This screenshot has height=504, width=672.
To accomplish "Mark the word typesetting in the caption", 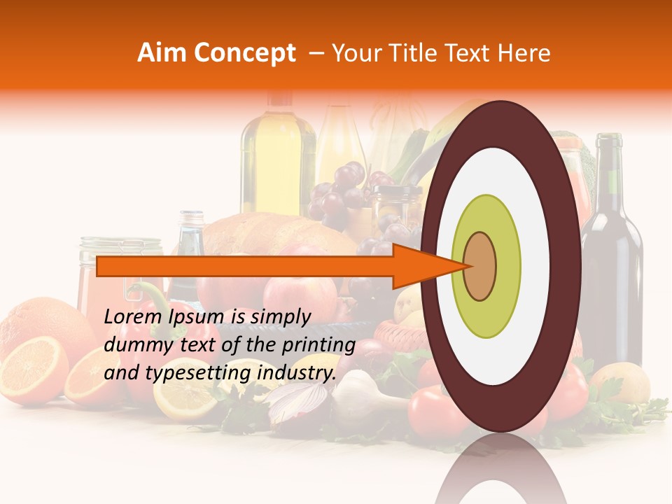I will click(183, 374).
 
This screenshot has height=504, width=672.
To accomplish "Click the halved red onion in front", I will click(298, 402).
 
